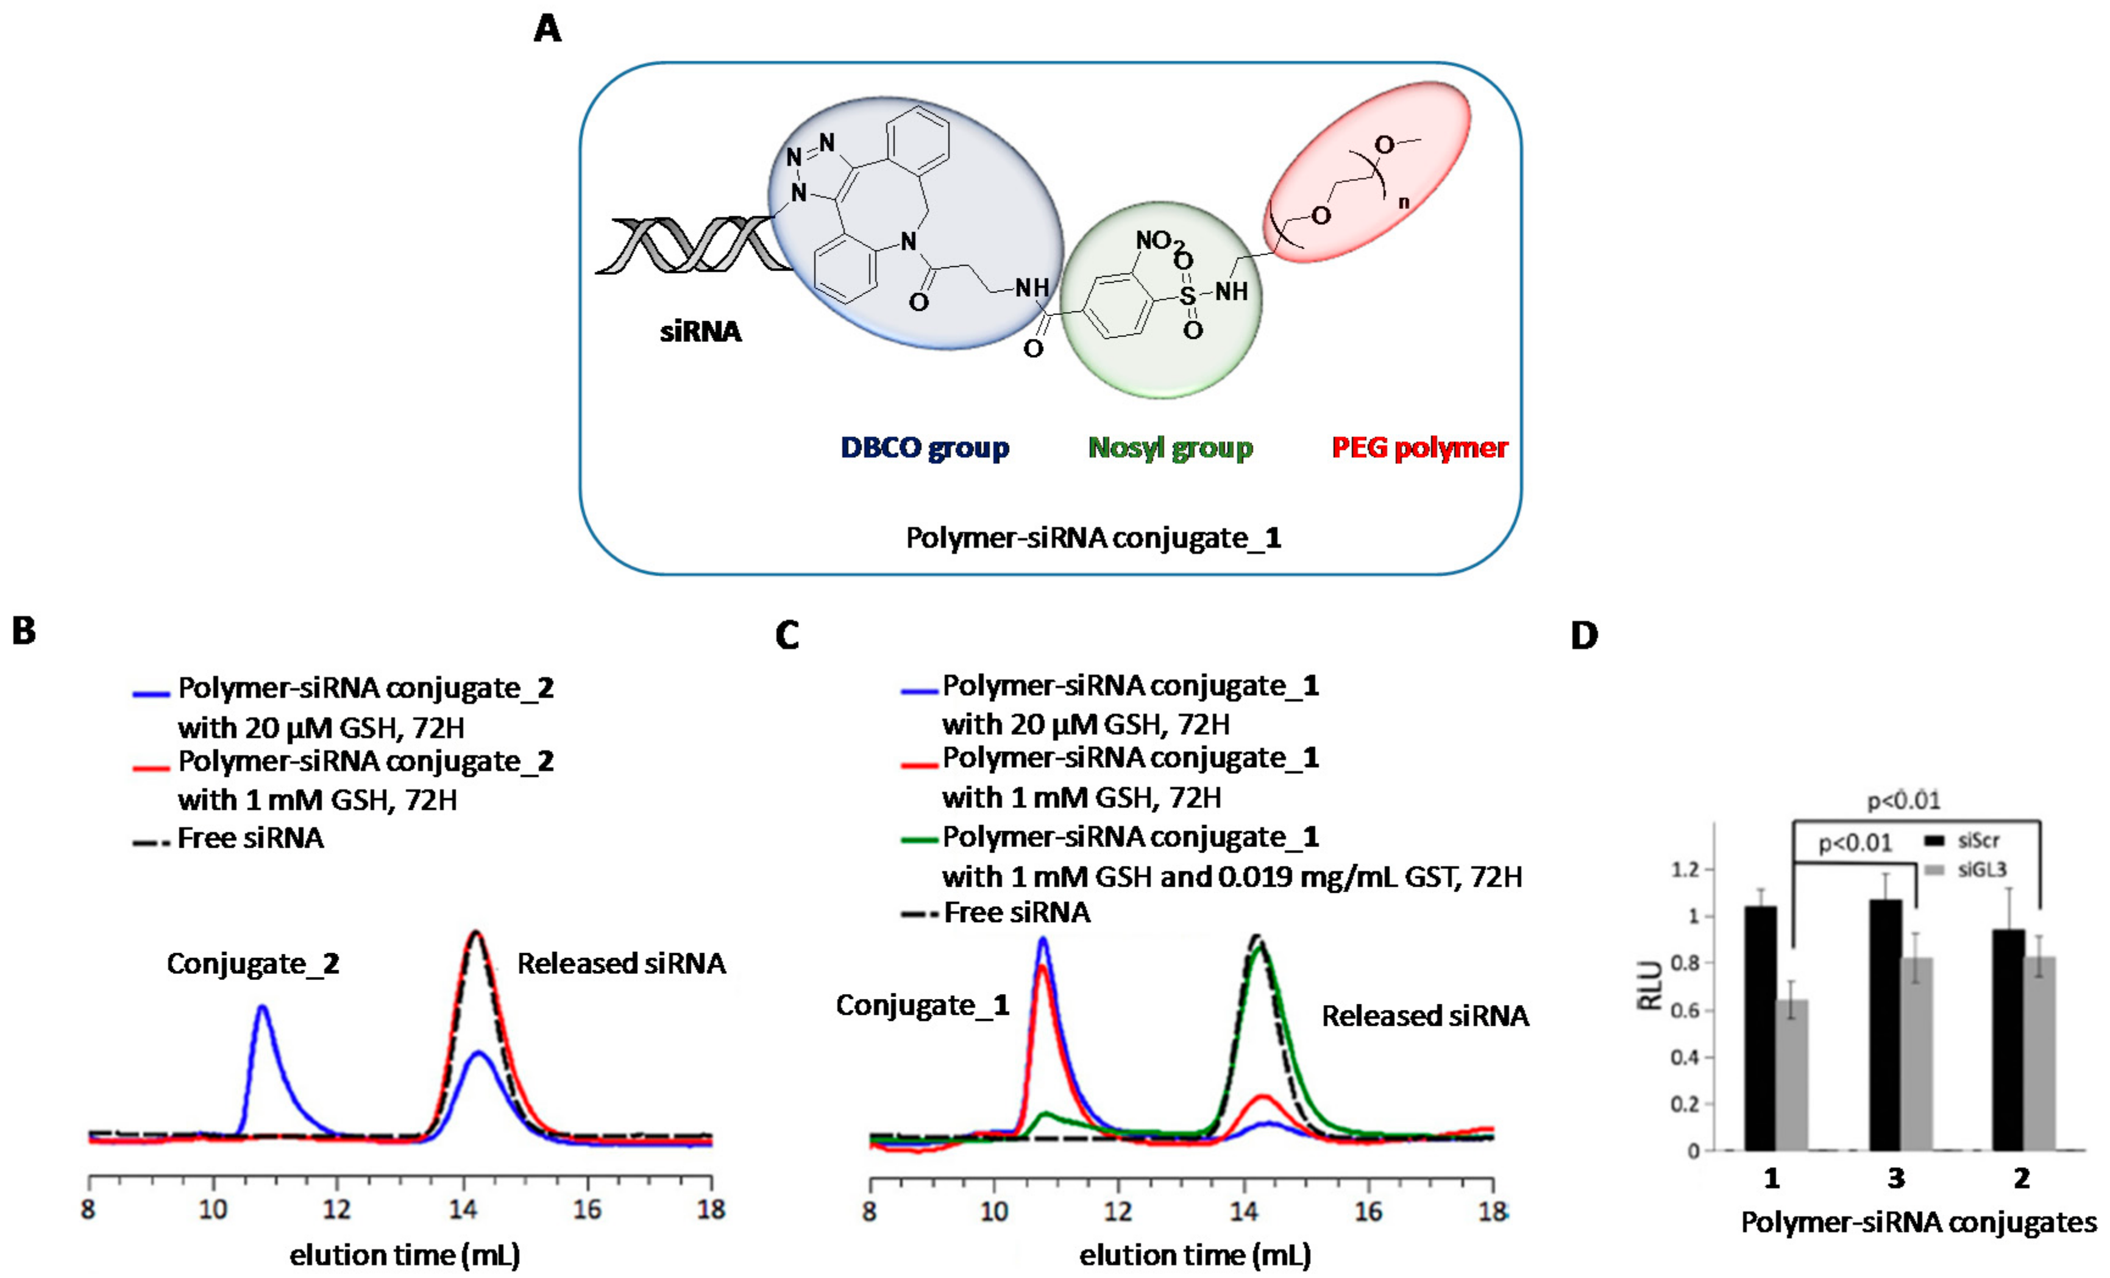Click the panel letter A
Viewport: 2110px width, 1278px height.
547,29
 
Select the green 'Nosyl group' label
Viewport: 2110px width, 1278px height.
1170,447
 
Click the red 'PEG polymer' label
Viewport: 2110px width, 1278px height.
1419,447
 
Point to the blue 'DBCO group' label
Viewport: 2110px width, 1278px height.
924,447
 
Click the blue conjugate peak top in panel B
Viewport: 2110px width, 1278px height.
262,1008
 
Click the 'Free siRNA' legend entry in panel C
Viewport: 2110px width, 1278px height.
1015,912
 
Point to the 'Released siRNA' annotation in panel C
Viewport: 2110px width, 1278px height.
1425,1016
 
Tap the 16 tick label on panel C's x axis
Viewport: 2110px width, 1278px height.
1368,1210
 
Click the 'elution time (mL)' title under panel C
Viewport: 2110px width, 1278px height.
1195,1255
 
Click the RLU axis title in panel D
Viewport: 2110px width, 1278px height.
1650,986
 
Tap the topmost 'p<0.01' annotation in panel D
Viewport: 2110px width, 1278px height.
1903,801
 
